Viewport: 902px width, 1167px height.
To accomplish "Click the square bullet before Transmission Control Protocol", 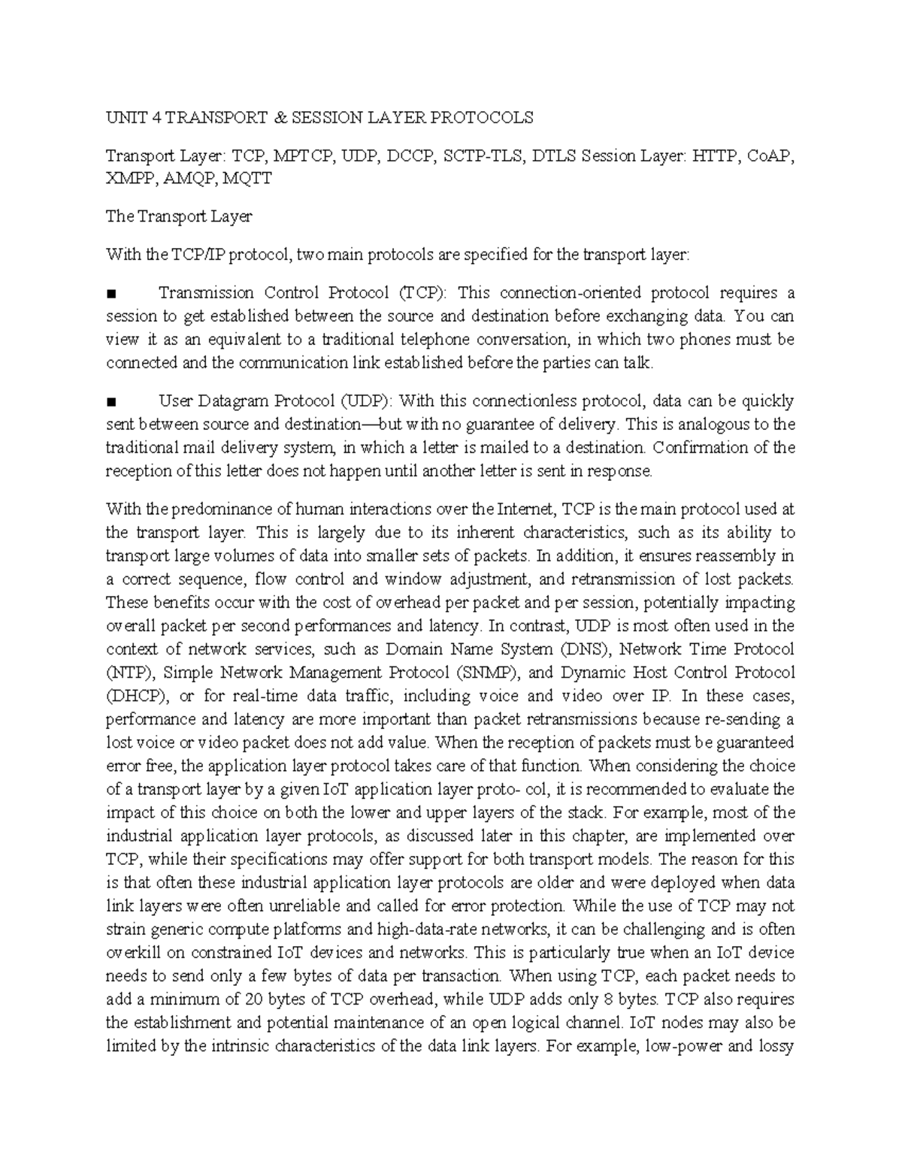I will (111, 293).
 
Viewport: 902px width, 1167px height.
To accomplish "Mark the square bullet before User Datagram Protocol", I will (111, 401).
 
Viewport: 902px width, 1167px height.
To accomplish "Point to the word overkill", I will (132, 953).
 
